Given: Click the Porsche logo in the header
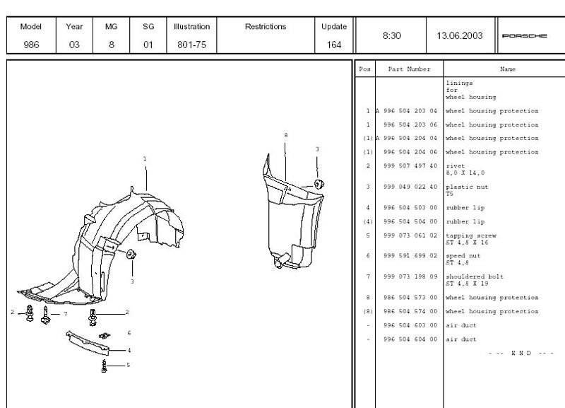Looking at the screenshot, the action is tap(524, 36).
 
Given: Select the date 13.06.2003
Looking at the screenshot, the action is tap(460, 35).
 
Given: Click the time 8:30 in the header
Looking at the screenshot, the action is tap(392, 35).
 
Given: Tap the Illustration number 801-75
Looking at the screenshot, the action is tap(191, 45).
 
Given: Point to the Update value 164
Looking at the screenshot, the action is tap(334, 45).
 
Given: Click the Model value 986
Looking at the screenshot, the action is tap(31, 45).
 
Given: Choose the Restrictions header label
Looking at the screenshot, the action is tap(266, 26).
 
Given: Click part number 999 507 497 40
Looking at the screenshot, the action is tap(410, 166).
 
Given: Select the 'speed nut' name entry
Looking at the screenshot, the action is tap(463, 256).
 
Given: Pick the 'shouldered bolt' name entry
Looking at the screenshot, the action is tap(475, 276).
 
